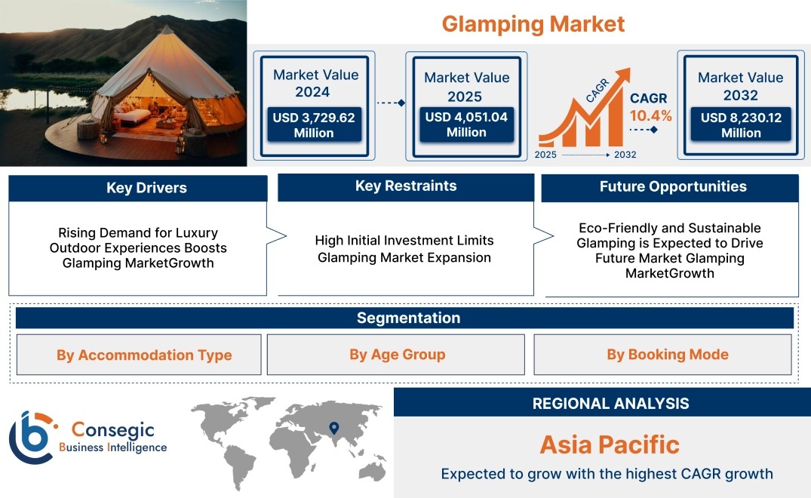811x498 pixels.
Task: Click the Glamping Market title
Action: pos(533,24)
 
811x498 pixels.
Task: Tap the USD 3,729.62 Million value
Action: pos(314,124)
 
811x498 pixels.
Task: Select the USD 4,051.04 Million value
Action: pos(466,124)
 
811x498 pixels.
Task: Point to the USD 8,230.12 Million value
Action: pos(741,124)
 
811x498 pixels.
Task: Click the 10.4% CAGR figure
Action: pos(650,116)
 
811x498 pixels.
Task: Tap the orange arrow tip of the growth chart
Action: pos(629,69)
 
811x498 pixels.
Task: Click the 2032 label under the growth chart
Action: pos(625,155)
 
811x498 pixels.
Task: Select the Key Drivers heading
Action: pos(146,188)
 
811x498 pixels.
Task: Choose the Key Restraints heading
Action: pos(406,186)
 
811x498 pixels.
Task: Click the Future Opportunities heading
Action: pos(673,186)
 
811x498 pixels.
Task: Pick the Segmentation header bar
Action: pos(404,318)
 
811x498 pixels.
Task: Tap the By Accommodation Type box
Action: pos(139,355)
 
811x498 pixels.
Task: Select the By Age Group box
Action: pos(395,354)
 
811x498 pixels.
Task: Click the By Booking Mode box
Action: pos(662,354)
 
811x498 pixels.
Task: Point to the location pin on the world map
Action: pos(334,428)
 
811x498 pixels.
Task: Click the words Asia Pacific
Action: pos(610,444)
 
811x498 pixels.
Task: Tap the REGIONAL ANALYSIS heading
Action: pos(611,404)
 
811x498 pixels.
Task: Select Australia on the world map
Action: pos(373,470)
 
